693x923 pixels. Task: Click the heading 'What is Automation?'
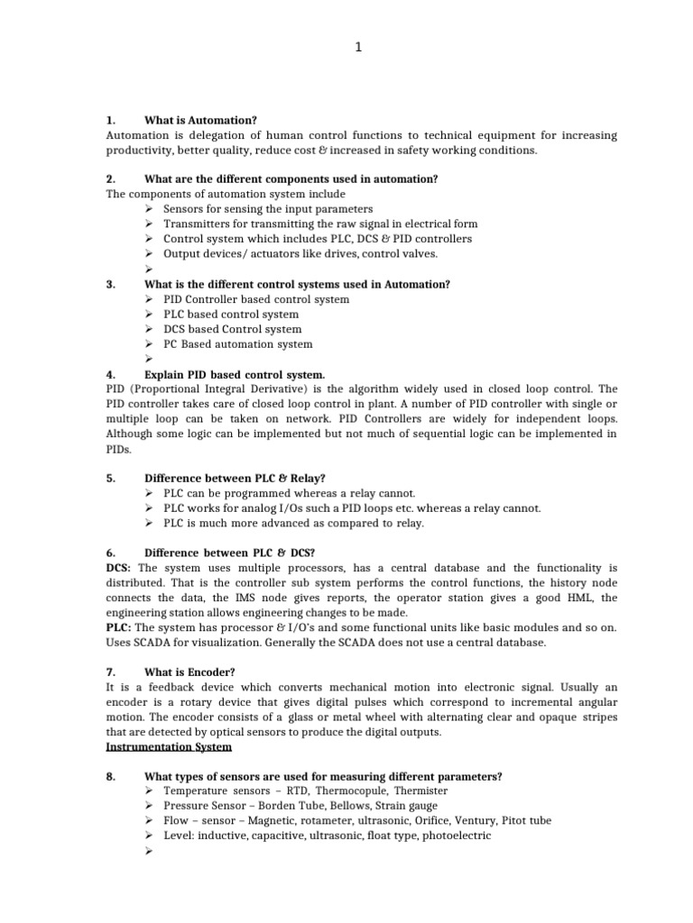tap(200, 120)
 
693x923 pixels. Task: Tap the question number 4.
tap(110, 374)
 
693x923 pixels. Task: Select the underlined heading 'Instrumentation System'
tap(168, 747)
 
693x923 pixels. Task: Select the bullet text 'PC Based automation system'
tap(238, 344)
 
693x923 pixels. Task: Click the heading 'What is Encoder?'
tap(189, 672)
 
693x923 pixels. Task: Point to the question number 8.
tap(110, 777)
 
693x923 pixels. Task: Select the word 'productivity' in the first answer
tap(136, 151)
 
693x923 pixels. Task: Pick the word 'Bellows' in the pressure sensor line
tap(350, 806)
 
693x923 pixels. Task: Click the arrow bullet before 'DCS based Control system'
tap(149, 329)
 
